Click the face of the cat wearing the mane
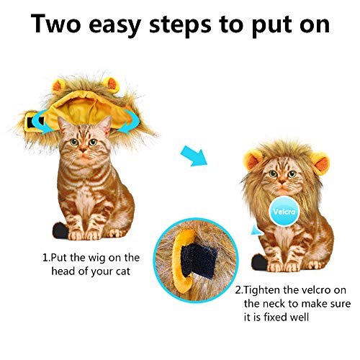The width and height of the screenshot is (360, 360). (x=277, y=176)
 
